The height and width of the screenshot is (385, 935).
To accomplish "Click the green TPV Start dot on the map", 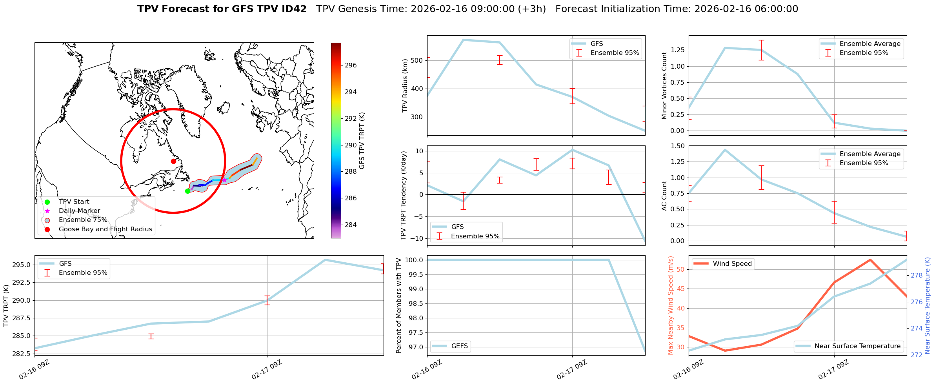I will point(187,191).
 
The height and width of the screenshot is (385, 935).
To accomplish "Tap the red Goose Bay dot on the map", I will point(173,161).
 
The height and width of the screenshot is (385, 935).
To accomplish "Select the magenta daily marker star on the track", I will point(224,180).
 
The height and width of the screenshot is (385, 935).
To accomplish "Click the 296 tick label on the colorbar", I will point(351,65).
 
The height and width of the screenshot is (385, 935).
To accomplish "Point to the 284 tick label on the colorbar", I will point(351,225).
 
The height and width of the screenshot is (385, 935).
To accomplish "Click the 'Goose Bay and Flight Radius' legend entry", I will point(105,229).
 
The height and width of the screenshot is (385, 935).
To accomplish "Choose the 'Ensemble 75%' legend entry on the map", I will point(83,220).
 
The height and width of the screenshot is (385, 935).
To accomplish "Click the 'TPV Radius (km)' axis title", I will point(405,85).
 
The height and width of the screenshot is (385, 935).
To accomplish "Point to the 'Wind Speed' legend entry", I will point(732,264).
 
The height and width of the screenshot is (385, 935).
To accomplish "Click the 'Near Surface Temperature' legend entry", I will point(857,346).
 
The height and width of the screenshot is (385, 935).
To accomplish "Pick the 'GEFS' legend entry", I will point(459,346).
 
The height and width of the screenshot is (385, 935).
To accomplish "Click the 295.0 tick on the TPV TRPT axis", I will point(22,265).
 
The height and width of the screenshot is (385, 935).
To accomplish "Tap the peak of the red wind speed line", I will point(870,260).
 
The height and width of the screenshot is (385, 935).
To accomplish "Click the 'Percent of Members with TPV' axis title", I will point(399,305).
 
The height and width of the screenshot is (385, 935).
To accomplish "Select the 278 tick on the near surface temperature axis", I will point(917,275).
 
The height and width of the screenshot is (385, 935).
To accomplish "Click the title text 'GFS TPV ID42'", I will point(267,9).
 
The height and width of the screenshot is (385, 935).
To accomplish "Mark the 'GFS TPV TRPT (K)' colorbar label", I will point(362,141).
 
